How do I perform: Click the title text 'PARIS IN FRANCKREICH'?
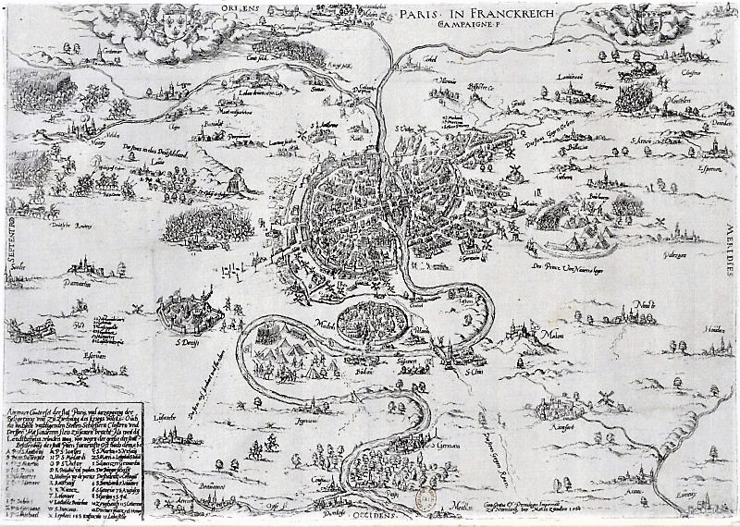tap(475, 16)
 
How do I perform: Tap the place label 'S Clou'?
tap(475, 372)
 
